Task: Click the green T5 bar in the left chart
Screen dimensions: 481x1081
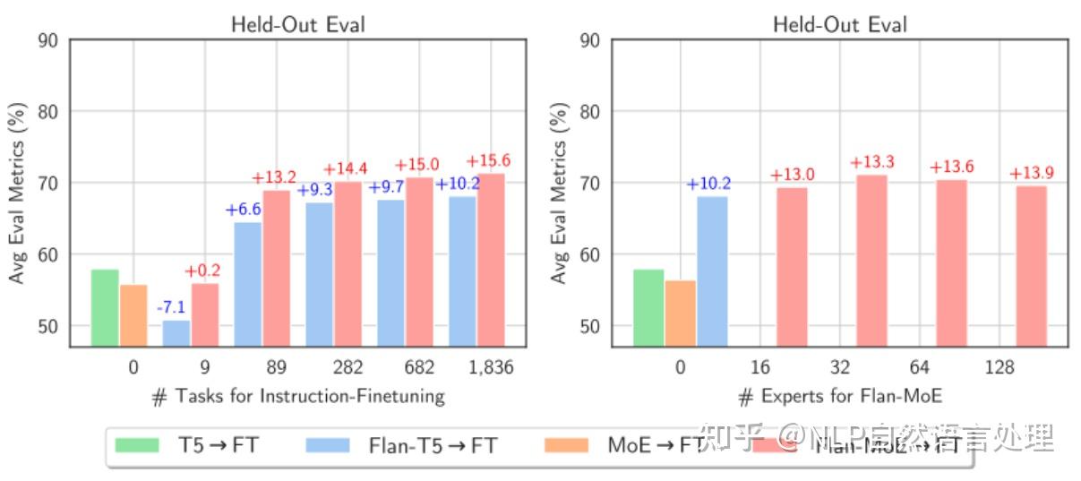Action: tap(105, 307)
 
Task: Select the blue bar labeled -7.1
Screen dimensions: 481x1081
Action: tap(176, 332)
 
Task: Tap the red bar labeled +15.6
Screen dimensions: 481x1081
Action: tap(491, 260)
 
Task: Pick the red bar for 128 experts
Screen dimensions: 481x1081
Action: tap(1031, 265)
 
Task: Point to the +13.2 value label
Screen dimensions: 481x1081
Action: tap(275, 176)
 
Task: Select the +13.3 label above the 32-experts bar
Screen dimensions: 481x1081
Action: tap(872, 162)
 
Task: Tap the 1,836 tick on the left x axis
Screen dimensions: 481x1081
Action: tap(490, 367)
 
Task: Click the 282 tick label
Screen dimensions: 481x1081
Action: tap(347, 367)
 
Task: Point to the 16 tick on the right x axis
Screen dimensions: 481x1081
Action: tap(759, 367)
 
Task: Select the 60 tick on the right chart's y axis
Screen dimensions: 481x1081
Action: tap(590, 254)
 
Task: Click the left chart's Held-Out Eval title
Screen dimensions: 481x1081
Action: tap(298, 24)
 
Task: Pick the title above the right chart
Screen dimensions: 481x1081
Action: tap(840, 24)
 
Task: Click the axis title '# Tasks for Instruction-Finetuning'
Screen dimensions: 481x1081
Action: tap(298, 396)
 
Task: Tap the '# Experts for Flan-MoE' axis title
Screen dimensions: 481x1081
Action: tap(840, 396)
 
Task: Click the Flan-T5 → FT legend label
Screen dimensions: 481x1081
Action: tap(432, 445)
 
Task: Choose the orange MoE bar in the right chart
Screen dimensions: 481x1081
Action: tap(680, 313)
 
